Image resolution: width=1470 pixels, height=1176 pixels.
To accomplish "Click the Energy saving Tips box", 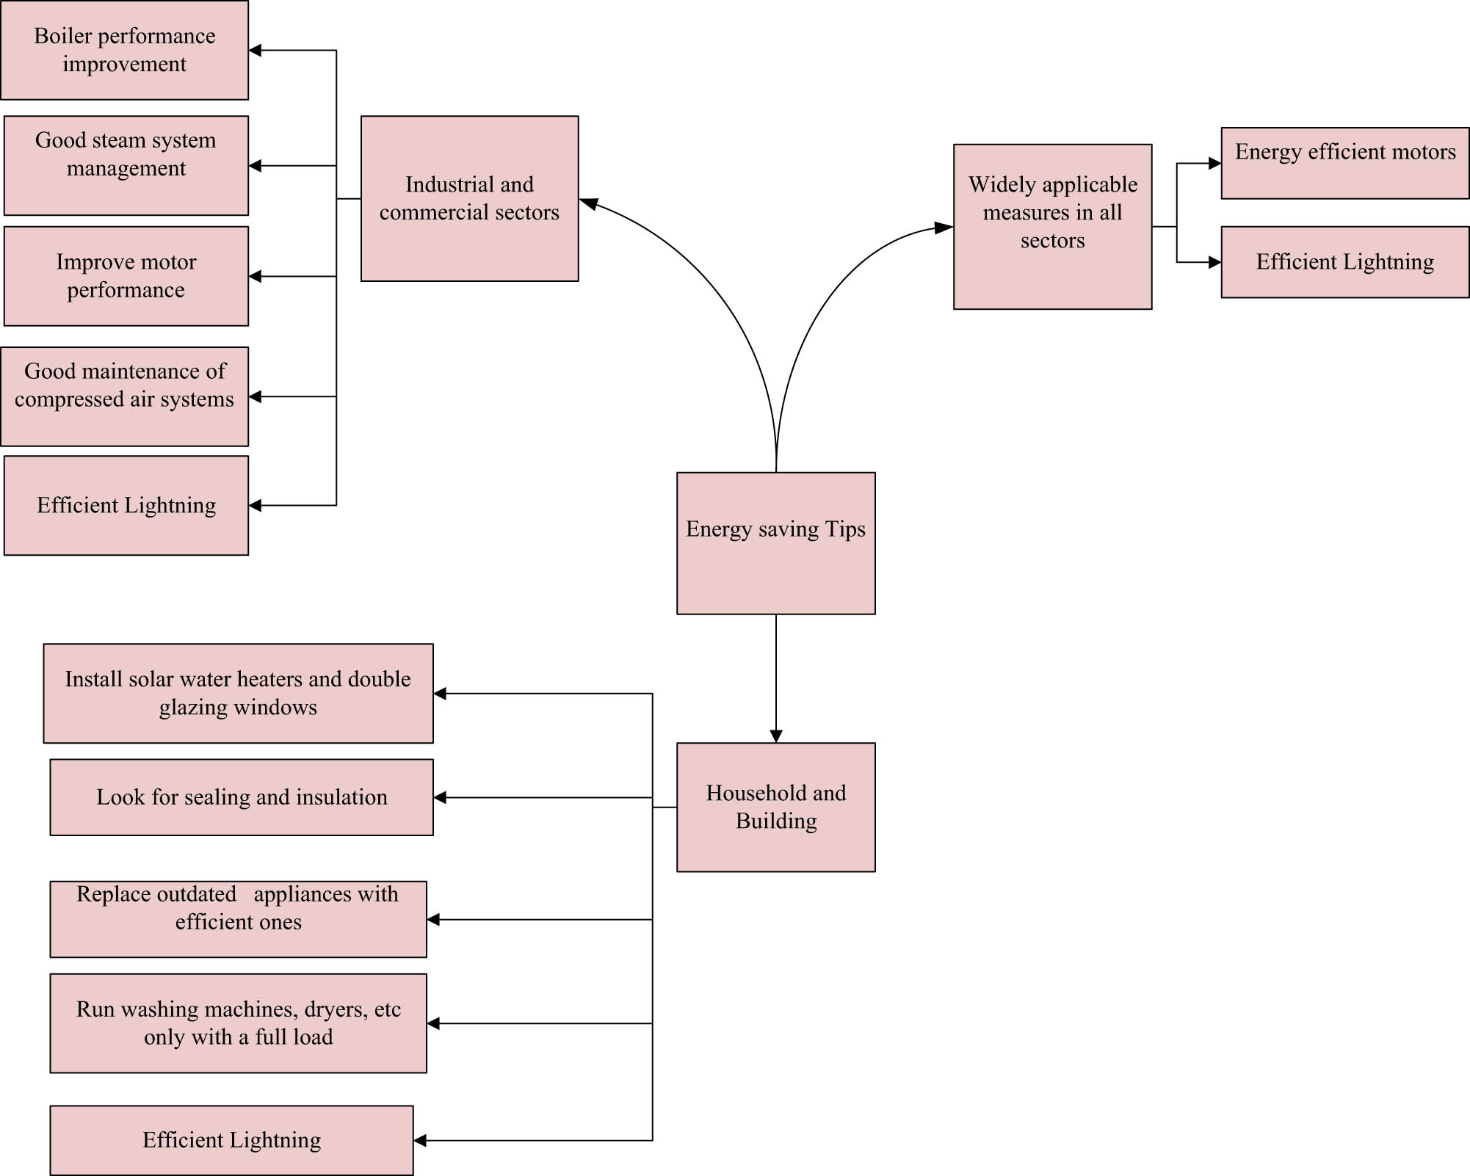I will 775,543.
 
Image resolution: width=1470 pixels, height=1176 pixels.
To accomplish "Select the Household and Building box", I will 775,807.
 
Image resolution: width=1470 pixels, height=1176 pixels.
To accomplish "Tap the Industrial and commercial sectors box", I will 469,198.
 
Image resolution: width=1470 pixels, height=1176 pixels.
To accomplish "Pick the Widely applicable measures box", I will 1052,226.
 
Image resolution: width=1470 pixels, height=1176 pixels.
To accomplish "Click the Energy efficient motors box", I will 1344,163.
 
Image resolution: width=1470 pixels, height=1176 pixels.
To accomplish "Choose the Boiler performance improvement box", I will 124,50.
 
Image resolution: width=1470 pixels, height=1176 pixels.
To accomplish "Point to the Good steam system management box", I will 126,165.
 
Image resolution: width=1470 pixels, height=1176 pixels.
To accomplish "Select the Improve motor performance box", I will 126,276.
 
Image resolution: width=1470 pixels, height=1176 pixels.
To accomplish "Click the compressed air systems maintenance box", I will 124,396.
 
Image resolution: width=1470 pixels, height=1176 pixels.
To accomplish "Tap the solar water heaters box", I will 238,693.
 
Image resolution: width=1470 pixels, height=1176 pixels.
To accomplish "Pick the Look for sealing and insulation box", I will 241,797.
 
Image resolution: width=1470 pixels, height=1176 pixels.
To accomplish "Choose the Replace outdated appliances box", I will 238,919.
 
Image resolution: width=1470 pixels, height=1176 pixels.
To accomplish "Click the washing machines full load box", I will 238,1023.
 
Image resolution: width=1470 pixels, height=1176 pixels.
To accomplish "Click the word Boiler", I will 63,36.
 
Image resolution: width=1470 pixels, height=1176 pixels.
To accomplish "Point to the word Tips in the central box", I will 845,529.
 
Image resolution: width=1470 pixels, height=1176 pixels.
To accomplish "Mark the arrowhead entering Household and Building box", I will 776,736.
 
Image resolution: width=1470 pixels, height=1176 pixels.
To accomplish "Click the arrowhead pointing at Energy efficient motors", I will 1214,164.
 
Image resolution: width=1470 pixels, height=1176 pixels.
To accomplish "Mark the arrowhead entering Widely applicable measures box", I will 944,228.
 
